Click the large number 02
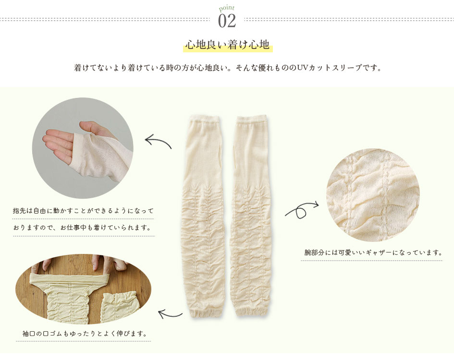(x=227, y=21)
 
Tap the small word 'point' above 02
(x=227, y=8)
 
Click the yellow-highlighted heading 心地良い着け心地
(x=228, y=45)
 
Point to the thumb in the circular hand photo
(x=91, y=129)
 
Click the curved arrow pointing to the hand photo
(x=158, y=142)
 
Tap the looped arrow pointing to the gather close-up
(x=302, y=209)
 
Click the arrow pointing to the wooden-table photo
(x=170, y=314)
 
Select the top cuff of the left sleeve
(x=204, y=119)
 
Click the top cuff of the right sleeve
(x=251, y=119)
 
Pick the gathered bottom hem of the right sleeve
(x=252, y=312)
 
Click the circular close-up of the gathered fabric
(x=373, y=195)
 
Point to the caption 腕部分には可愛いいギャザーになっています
(x=373, y=252)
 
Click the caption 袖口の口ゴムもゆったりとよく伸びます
(x=85, y=334)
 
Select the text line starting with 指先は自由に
(x=83, y=211)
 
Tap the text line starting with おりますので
(x=82, y=228)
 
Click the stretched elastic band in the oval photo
(x=70, y=277)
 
